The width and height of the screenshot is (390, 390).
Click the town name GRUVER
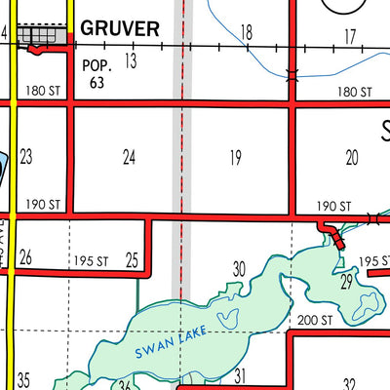tap(120, 28)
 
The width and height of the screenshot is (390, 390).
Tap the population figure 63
tap(97, 82)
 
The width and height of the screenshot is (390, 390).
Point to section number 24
tap(129, 156)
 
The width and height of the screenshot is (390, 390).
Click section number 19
tap(235, 156)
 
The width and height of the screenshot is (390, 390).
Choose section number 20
tap(352, 156)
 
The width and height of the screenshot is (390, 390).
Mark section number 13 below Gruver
tap(130, 61)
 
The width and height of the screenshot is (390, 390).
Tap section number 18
tap(247, 34)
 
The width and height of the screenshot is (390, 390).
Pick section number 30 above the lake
tap(239, 268)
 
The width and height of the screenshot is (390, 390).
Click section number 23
tap(26, 156)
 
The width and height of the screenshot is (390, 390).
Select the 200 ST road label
tap(315, 320)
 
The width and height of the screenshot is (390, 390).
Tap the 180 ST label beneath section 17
tap(354, 92)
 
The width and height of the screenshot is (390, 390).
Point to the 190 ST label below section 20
tap(333, 206)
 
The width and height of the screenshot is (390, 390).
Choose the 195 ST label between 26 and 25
tap(90, 260)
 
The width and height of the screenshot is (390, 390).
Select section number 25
tap(132, 259)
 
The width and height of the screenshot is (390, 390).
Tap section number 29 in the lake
tap(346, 283)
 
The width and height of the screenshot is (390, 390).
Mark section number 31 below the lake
tap(239, 375)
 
